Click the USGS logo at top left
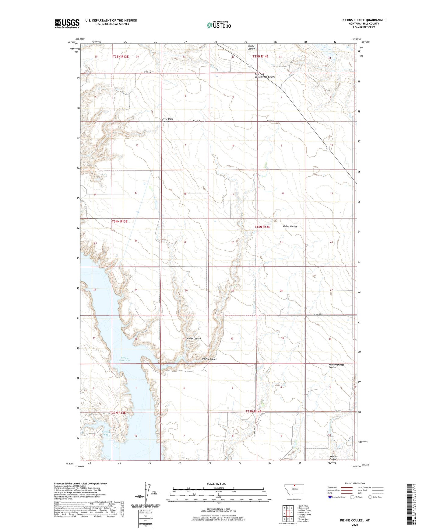tap(67, 23)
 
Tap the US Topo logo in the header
tap(219, 25)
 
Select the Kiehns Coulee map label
tap(290, 227)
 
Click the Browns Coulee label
tap(209, 359)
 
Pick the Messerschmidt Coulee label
tap(336, 366)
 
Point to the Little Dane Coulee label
tap(167, 120)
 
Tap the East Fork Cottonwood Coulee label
tap(264, 76)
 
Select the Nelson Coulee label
tap(333, 458)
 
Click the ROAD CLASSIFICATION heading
tap(355, 483)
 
